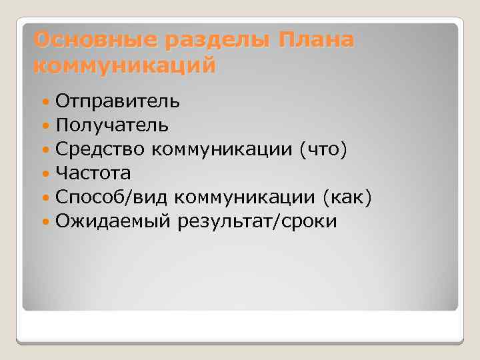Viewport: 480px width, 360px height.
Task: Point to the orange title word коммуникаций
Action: point(124,67)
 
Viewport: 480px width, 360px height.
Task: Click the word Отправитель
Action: point(117,101)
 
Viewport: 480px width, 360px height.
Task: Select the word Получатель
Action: point(112,125)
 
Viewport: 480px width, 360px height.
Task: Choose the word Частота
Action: point(93,173)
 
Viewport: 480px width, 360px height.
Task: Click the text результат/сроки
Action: point(257,221)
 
